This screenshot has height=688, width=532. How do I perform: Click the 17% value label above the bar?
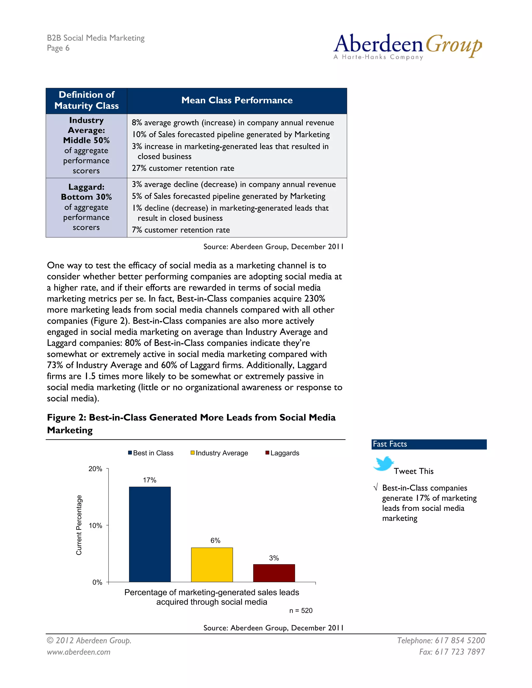[149, 480]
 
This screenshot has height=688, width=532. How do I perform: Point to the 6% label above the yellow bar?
[215, 540]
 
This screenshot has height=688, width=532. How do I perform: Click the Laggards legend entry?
[282, 453]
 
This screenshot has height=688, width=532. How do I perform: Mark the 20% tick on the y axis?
[95, 469]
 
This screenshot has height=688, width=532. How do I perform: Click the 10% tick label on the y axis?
[95, 525]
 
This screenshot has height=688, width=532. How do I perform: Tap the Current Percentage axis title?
[79, 525]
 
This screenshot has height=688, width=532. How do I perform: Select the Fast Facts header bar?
[429, 444]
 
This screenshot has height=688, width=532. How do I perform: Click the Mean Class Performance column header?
[237, 100]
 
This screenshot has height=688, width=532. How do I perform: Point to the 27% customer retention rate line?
[183, 168]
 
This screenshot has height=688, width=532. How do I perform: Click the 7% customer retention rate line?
[181, 230]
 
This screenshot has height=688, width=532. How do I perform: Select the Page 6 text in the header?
[58, 48]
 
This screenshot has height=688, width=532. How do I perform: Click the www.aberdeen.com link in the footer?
[79, 652]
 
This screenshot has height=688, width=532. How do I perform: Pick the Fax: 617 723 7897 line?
[452, 652]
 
